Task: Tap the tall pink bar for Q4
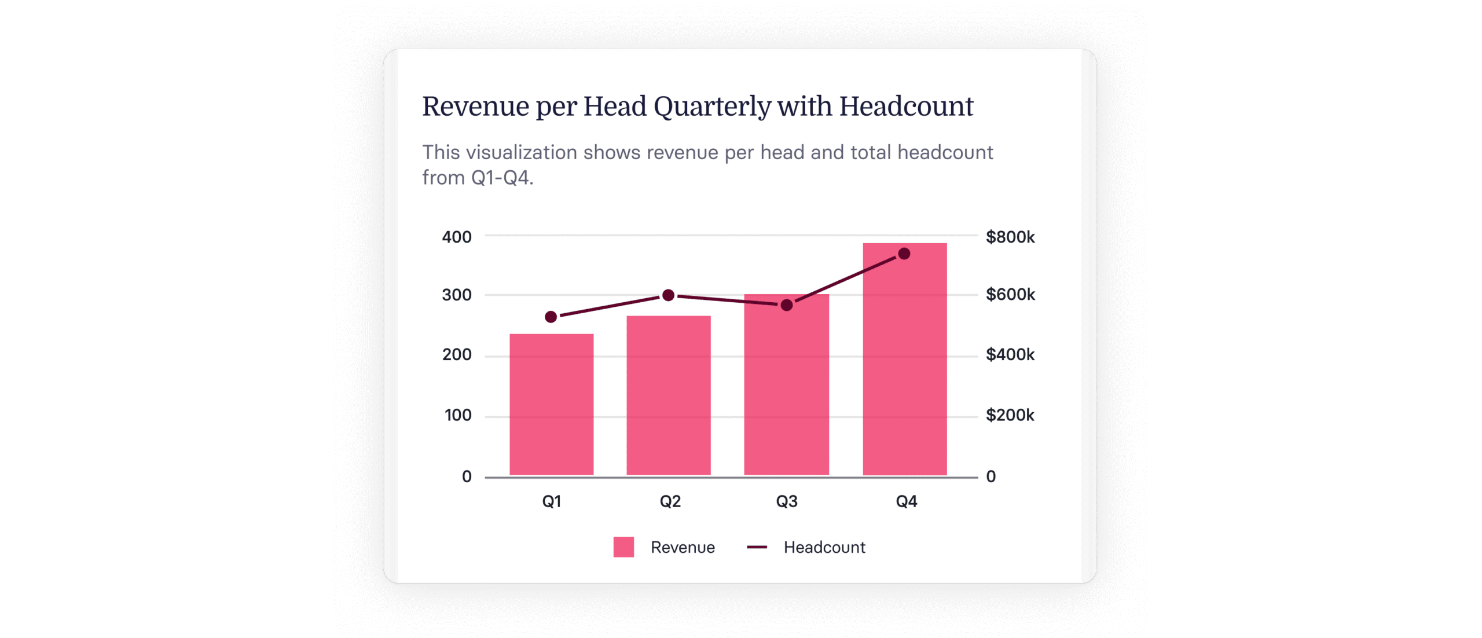[x=904, y=371]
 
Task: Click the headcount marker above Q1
[x=551, y=317]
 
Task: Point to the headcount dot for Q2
[x=668, y=295]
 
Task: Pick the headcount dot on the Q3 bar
[x=787, y=305]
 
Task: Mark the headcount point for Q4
[x=904, y=254]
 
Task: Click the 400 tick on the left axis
[x=457, y=237]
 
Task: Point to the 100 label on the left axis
[x=458, y=415]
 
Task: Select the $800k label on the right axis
[x=1010, y=237]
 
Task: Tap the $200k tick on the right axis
[x=1010, y=415]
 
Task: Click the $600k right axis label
[x=1010, y=295]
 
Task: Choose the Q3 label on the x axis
[x=787, y=501]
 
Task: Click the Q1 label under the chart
[x=551, y=501]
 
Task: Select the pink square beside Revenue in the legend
[x=623, y=547]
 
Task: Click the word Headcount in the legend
[x=824, y=547]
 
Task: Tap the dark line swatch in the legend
[x=757, y=547]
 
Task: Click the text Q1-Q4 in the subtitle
[x=501, y=178]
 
